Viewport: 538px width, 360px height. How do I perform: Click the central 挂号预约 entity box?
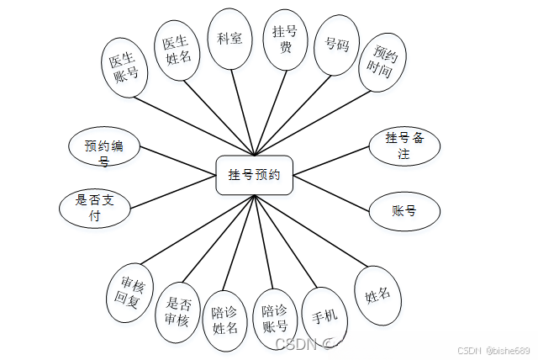point(254,175)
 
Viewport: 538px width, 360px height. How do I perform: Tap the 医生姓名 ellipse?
point(177,49)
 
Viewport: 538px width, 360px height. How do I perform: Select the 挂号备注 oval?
point(403,146)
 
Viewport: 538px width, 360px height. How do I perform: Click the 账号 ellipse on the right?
point(404,210)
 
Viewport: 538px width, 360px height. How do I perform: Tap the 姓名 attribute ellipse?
point(377,296)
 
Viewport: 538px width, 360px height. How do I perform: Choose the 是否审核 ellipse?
point(177,311)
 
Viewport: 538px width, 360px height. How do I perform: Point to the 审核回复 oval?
point(130,294)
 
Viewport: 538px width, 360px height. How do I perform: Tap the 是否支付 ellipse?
point(95,208)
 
